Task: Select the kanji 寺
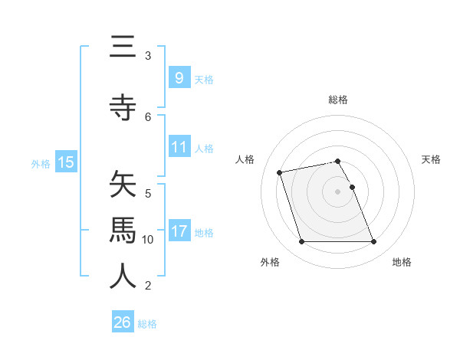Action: tap(123, 108)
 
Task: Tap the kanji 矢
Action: tap(123, 185)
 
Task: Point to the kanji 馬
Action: tap(123, 231)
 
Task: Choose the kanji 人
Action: tap(123, 277)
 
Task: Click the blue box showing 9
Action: tap(179, 77)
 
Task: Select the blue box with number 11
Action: tap(179, 146)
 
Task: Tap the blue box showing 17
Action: tap(179, 231)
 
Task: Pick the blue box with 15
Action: tap(65, 162)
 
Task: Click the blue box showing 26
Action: tap(123, 322)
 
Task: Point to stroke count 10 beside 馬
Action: tap(148, 240)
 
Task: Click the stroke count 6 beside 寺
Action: tap(148, 116)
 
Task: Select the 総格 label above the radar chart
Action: tap(338, 100)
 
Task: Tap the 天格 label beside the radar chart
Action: tap(431, 159)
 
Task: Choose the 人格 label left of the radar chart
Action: tap(245, 159)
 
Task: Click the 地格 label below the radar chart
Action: tap(402, 262)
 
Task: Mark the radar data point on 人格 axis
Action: tap(280, 172)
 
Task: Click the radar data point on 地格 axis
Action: tap(373, 242)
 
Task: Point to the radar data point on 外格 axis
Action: tap(301, 242)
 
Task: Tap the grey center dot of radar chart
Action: tap(337, 191)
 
